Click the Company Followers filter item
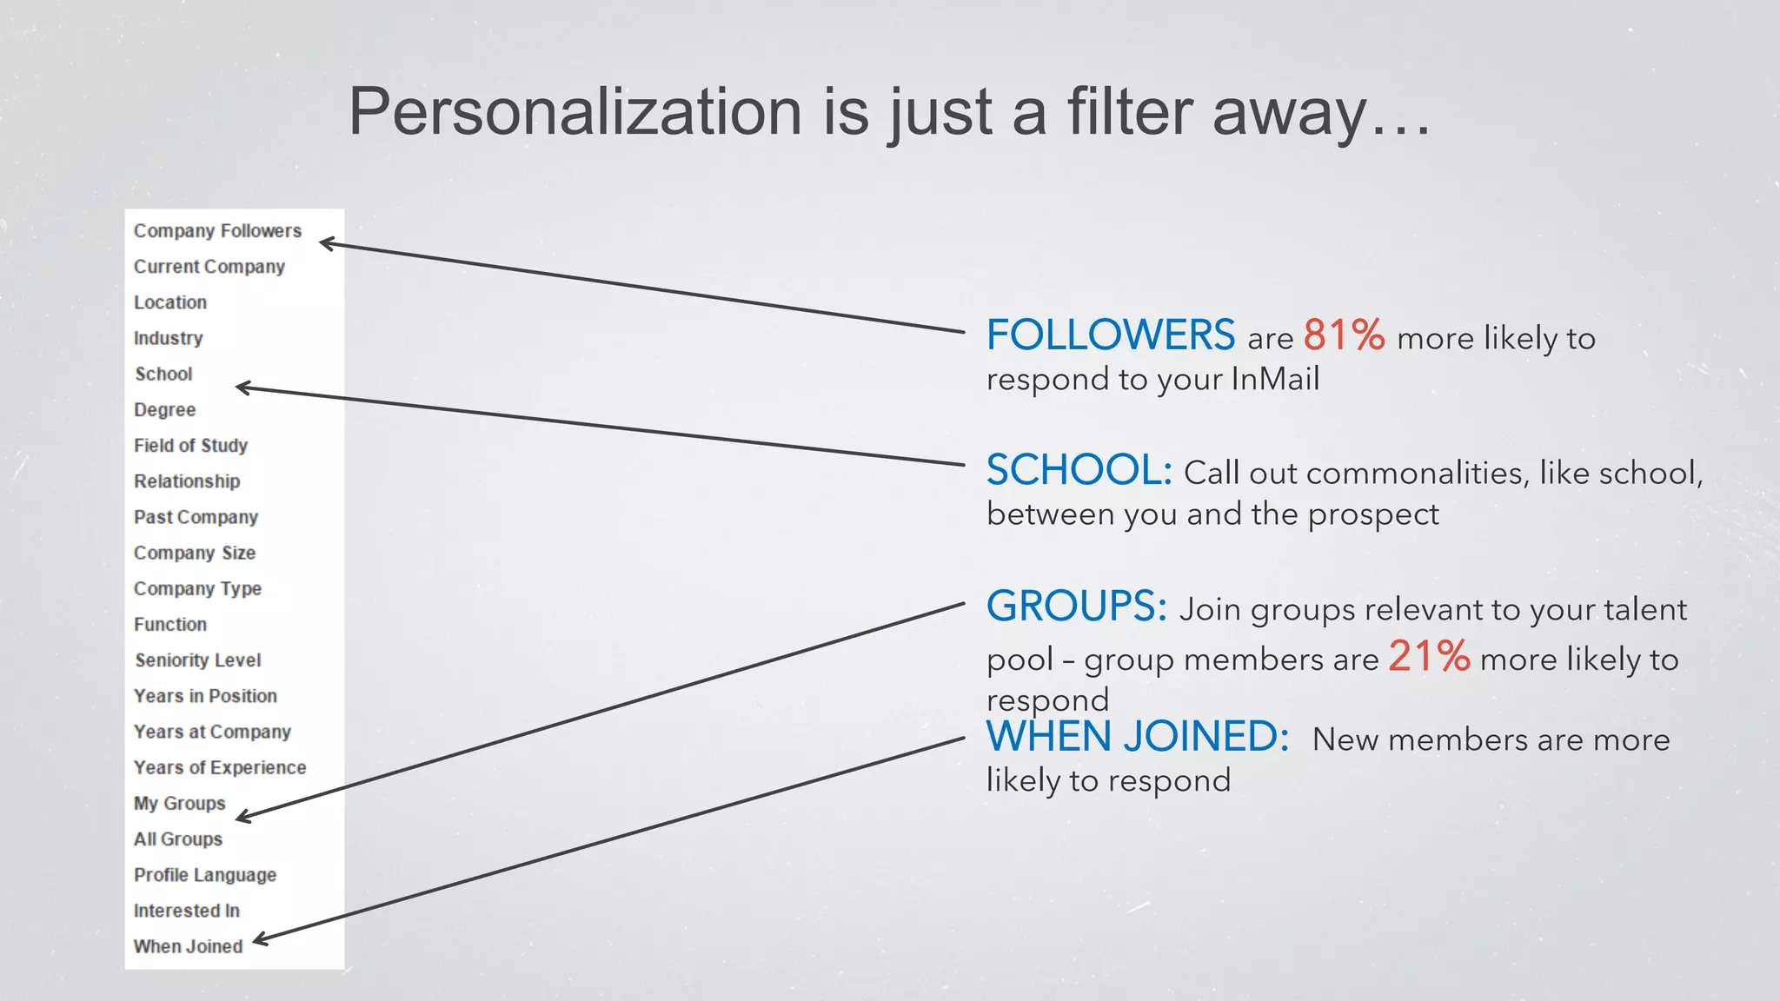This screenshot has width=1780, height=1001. pos(217,231)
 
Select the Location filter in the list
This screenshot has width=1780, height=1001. pos(170,302)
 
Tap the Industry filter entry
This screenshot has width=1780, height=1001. pos(168,338)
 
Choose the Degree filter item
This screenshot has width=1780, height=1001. pos(164,410)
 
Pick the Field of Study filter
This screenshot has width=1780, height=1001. pos(190,446)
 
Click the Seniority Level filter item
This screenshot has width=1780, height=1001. pos(197,660)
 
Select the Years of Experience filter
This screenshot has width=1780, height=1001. pos(220,768)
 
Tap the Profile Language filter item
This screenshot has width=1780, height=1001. pos(205,875)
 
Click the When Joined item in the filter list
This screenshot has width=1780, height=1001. pos(188,946)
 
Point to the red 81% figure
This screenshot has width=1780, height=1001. pos(1344,335)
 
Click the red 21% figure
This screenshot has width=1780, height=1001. pos(1429,656)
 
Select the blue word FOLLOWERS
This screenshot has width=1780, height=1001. pos(1110,335)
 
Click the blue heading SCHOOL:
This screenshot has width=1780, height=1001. pos(1079,470)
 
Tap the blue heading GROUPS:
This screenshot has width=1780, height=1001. pos(1076,606)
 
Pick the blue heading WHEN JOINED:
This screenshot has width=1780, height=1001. pos(1137,737)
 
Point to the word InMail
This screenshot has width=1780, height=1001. pos(1275,379)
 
